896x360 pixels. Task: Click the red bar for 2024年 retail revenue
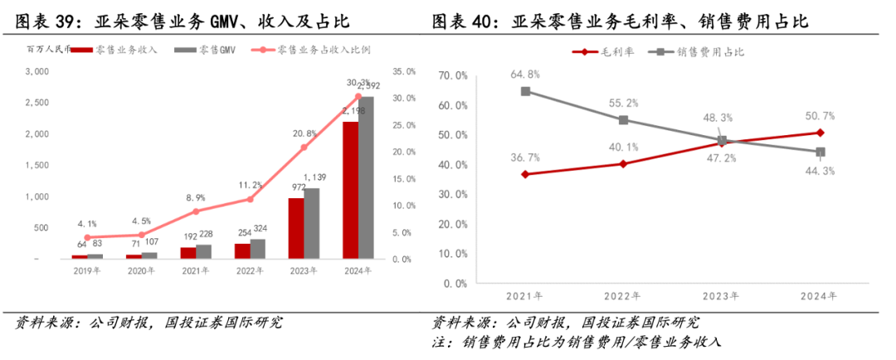pos(350,191)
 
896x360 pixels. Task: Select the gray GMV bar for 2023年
pos(311,224)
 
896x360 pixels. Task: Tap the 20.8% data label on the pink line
pos(304,133)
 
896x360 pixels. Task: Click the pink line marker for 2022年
pos(249,199)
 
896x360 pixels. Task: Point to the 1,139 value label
pos(314,178)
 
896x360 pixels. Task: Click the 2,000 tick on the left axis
pos(37,134)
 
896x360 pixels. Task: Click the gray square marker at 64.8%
pos(525,91)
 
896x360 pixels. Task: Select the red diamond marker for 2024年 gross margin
pos(820,133)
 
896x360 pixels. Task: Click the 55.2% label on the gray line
pos(623,103)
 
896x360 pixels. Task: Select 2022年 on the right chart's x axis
pos(624,295)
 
